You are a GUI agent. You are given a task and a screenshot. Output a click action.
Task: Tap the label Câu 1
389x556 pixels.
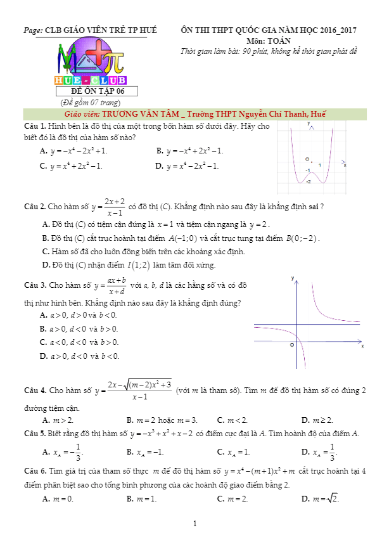34,126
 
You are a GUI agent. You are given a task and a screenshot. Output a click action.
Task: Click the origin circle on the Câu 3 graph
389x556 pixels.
291,345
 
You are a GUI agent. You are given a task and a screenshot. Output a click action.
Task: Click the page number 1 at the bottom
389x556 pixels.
195,524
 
